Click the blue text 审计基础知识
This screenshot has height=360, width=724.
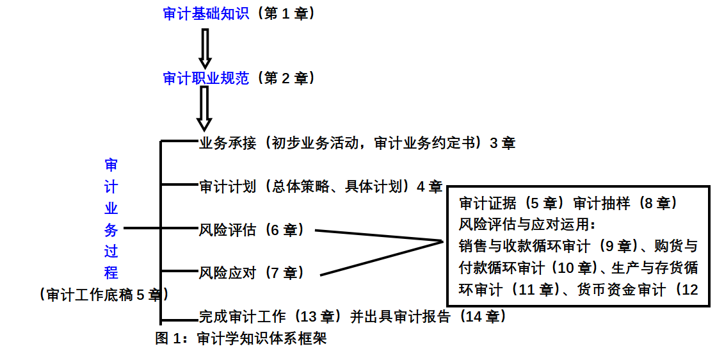point(205,13)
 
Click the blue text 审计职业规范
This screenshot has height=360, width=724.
point(205,78)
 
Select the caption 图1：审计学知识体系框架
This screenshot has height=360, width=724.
point(241,338)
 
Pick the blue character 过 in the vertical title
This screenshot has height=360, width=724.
point(111,251)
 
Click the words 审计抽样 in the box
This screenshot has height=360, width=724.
point(600,204)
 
